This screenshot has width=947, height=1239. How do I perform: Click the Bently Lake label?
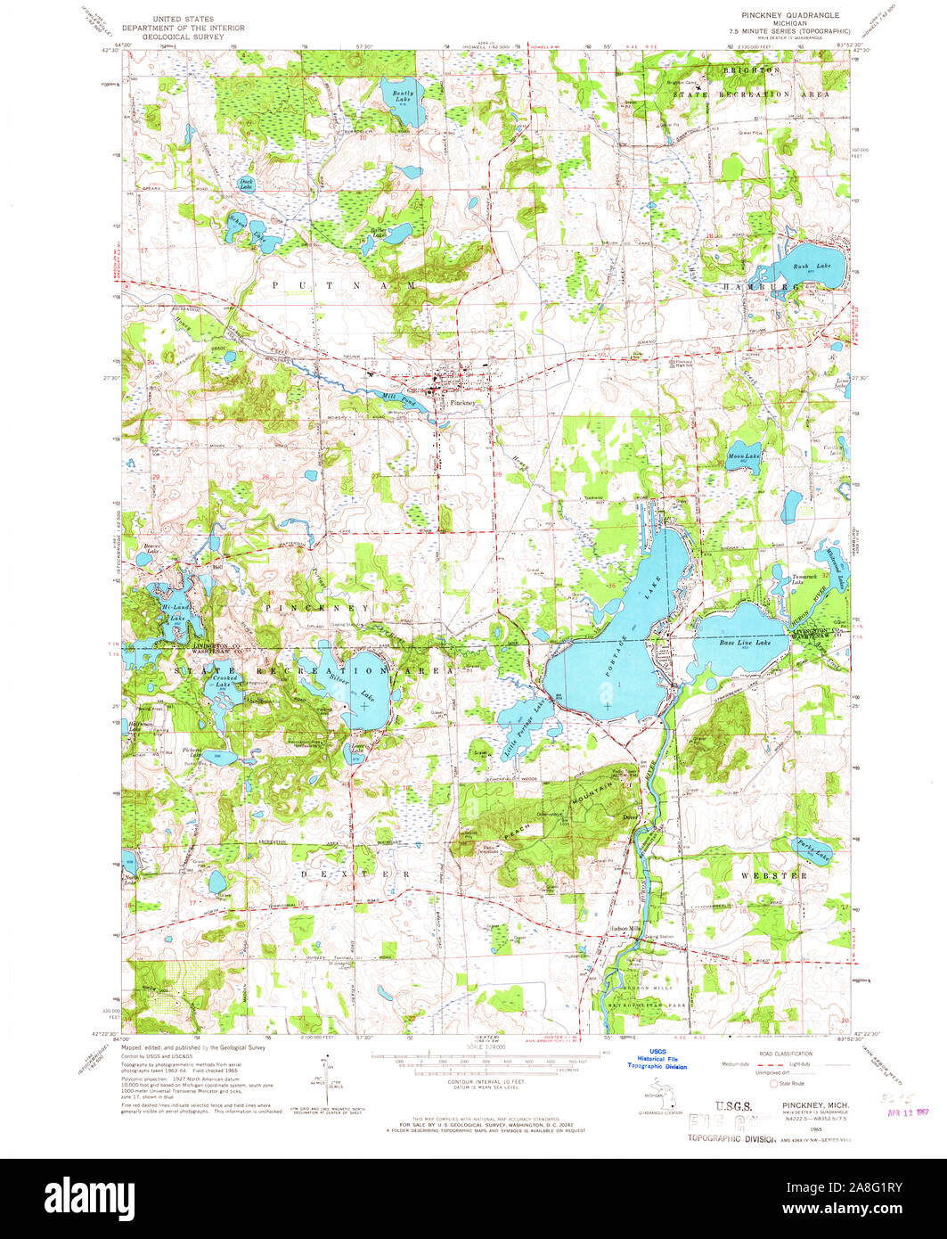tap(396, 95)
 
